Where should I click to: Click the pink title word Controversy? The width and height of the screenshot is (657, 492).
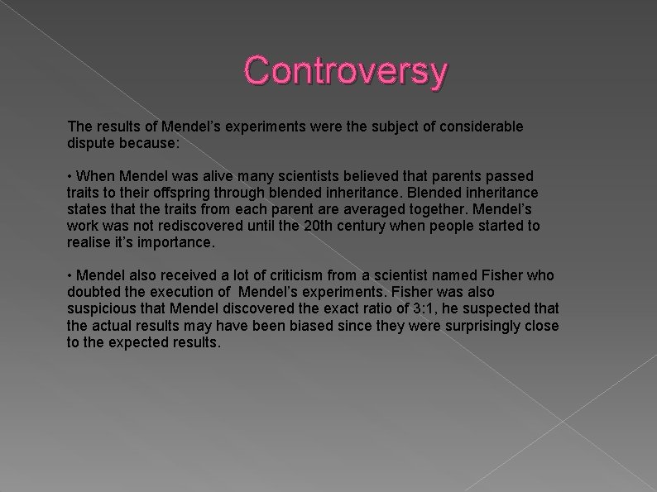point(346,70)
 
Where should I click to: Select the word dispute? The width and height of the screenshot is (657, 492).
point(90,142)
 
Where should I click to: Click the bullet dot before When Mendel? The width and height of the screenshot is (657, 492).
point(70,176)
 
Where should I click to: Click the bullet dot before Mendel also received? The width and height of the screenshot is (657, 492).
point(70,275)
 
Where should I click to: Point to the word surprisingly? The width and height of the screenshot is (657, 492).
point(469,325)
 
